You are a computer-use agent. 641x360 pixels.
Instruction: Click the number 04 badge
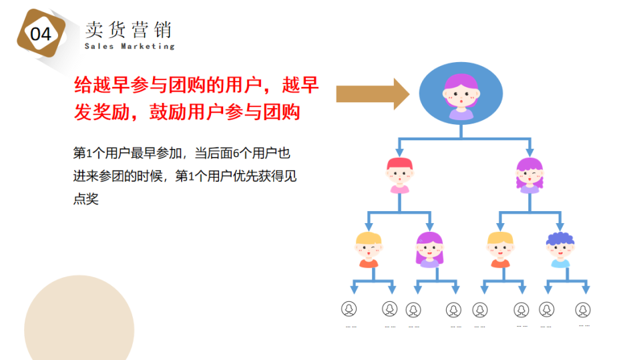41,34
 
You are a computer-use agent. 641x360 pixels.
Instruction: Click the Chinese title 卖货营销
128,29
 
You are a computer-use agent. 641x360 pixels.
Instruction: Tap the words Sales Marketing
130,47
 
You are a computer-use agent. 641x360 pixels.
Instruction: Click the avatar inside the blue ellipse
461,96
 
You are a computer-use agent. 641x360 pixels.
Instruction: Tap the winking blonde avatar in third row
369,249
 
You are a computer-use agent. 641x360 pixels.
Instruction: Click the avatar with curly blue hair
560,249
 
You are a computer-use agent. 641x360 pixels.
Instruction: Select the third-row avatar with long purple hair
429,249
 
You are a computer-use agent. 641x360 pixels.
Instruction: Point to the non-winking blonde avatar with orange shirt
500,249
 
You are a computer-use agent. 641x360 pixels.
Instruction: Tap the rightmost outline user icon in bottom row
583,309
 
